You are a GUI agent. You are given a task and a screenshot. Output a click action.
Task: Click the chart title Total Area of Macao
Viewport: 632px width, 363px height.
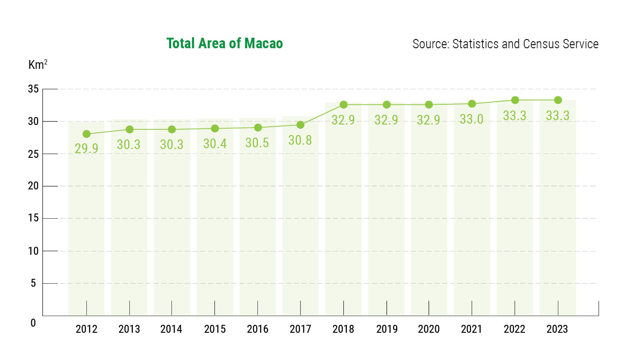point(225,44)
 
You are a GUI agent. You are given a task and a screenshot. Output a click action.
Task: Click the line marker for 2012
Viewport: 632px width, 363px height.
point(86,134)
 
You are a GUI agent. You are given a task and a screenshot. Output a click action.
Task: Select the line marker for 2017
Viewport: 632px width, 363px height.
point(300,125)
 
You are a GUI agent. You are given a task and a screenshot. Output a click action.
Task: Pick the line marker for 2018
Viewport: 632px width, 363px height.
point(343,105)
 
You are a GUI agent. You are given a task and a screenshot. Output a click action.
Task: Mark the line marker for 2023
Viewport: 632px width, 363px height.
point(558,100)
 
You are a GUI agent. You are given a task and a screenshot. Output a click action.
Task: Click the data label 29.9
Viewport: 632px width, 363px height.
point(86,148)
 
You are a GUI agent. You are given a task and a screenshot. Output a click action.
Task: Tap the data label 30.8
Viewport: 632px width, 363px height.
point(300,140)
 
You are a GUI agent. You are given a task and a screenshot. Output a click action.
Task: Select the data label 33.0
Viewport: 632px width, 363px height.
point(472,119)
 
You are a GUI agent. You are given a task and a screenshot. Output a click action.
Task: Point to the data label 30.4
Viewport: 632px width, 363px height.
point(215,144)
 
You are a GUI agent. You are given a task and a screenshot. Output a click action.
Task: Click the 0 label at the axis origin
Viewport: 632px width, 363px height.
point(33,323)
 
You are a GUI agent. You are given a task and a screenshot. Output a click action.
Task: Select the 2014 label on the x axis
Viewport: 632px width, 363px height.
point(172,329)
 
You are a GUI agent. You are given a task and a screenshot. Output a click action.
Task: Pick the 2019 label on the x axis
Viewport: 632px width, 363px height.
point(386,329)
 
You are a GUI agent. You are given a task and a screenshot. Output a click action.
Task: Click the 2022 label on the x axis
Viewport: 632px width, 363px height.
point(515,329)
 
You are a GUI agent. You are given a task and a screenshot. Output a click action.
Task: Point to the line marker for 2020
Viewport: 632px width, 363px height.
point(429,105)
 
